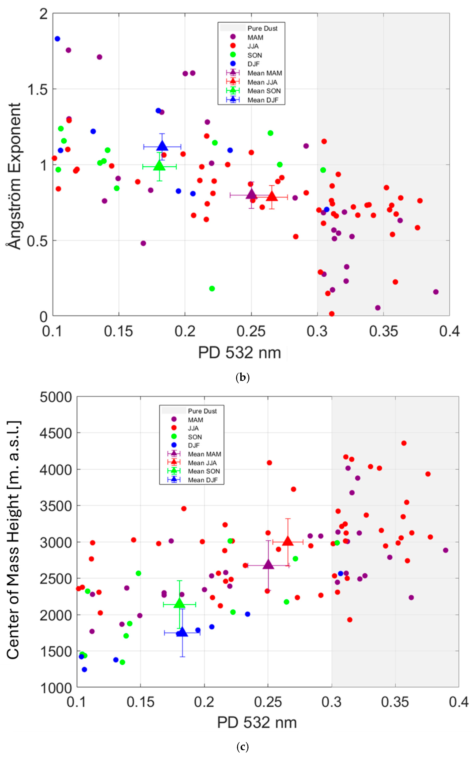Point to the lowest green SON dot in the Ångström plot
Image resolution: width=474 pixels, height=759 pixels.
212,288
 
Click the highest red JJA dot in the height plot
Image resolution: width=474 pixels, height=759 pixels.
404,443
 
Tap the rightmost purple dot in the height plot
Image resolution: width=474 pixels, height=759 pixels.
445,550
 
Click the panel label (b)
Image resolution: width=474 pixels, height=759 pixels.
242,377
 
